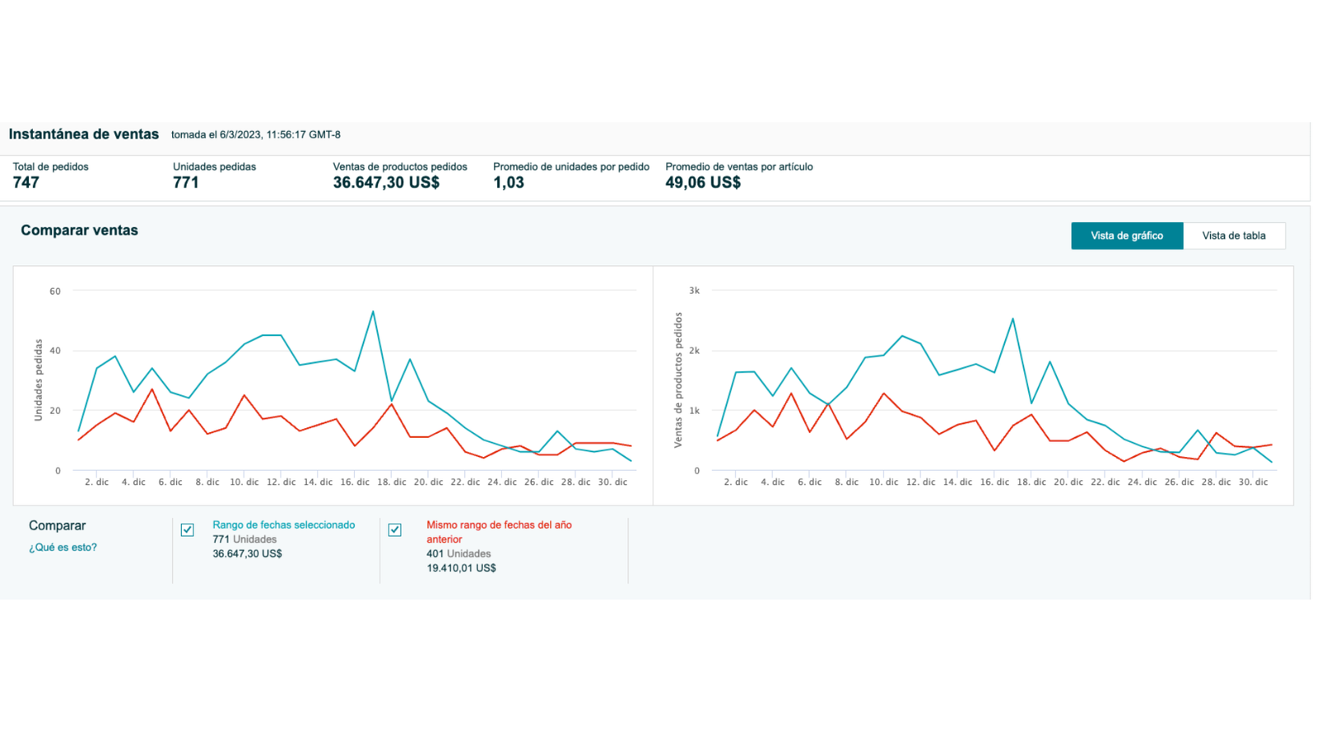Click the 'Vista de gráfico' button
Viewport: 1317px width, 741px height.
[1126, 235]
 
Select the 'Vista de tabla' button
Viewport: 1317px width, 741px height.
[1233, 235]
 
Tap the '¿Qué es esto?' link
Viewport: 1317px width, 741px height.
[63, 547]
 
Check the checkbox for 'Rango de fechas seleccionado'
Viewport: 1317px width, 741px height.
[188, 529]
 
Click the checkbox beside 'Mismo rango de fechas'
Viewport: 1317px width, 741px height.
[395, 529]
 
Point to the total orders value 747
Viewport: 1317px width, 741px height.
[26, 183]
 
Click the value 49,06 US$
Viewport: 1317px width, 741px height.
[702, 183]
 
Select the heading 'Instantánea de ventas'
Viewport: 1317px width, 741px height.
[83, 134]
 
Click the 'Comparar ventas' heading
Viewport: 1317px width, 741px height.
[79, 231]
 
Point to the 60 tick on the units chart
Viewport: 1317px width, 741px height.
[55, 291]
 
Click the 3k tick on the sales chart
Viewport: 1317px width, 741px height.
[694, 291]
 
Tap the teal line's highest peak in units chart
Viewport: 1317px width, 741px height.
[373, 312]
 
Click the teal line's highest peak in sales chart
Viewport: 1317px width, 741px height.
[1012, 319]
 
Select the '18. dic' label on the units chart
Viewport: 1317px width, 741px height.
[392, 482]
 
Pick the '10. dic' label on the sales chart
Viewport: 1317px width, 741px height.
[883, 482]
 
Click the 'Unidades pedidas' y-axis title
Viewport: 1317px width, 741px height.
[38, 380]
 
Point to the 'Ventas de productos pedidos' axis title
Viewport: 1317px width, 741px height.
[678, 380]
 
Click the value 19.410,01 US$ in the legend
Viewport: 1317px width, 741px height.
[461, 568]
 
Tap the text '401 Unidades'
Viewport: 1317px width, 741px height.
[458, 553]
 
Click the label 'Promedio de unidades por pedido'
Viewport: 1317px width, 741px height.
[570, 166]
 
